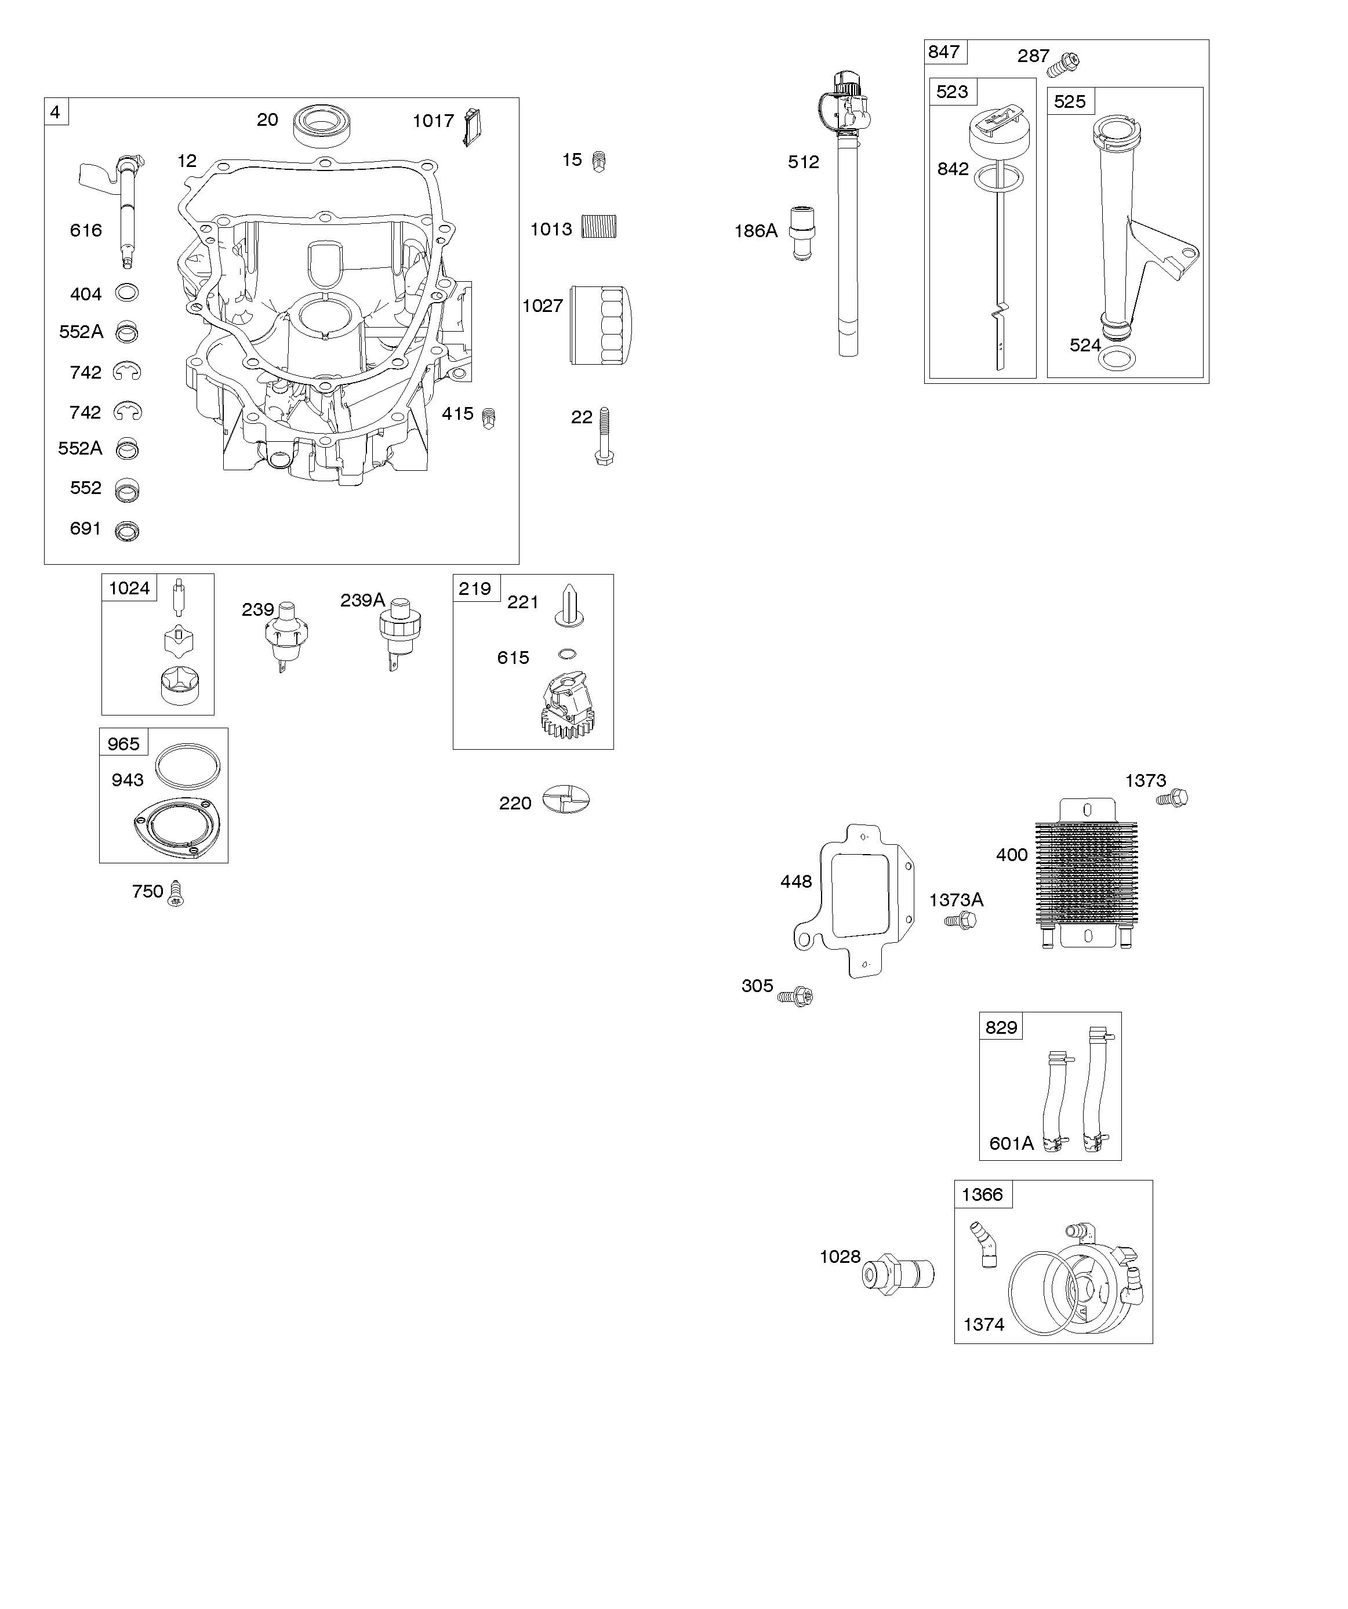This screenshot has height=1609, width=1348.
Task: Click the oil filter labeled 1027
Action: point(600,325)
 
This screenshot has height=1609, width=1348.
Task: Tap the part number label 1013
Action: point(551,229)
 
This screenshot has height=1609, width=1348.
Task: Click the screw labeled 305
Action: point(795,996)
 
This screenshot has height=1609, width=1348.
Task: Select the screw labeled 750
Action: point(176,894)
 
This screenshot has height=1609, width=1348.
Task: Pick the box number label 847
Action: point(944,52)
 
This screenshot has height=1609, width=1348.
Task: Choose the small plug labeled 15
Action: point(599,162)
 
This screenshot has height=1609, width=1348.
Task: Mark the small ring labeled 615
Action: point(567,653)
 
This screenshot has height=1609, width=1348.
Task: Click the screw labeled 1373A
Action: point(961,920)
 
